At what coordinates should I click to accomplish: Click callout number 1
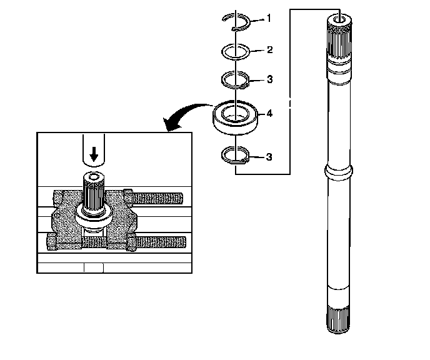(269, 18)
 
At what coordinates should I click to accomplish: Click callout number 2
(269, 49)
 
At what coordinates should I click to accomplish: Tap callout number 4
(269, 113)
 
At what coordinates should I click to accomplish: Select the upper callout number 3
(269, 79)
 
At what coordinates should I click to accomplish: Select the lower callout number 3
(269, 157)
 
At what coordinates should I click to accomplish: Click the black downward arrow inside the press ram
(94, 154)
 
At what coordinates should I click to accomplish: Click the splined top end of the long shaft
(339, 38)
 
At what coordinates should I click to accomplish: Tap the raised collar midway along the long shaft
(338, 172)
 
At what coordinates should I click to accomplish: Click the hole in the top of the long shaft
(340, 20)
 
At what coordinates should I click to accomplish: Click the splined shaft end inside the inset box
(94, 192)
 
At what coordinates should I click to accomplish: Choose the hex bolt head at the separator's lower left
(52, 241)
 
